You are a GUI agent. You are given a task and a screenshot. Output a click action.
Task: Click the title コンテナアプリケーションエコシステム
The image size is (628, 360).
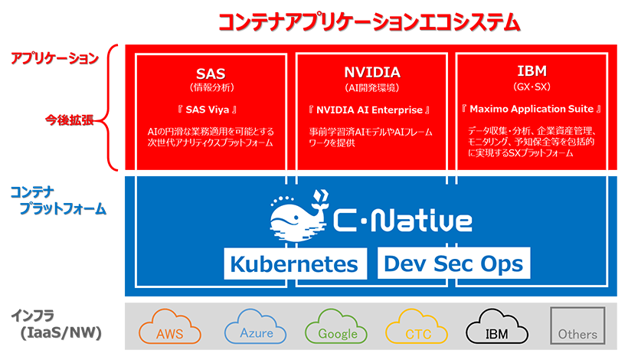(x=369, y=22)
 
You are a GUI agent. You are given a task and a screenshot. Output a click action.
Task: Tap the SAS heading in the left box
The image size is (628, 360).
(x=211, y=73)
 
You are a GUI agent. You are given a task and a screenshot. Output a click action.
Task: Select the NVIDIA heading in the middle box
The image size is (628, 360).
(x=372, y=73)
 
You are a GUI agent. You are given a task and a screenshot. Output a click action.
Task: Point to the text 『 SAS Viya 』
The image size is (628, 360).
(x=211, y=109)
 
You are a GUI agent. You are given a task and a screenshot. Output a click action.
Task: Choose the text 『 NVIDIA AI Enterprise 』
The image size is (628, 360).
(x=372, y=109)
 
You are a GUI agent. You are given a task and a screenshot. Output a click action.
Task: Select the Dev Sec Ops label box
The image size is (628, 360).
(x=454, y=263)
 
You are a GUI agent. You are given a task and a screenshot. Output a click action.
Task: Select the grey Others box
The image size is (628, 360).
(x=577, y=327)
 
